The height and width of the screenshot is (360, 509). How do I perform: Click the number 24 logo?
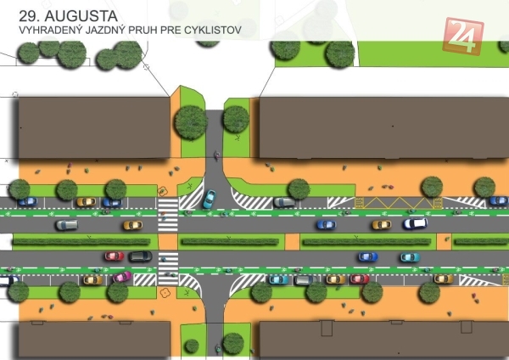pyautogui.click(x=463, y=37)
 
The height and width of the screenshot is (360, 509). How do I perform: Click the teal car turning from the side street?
pyautogui.click(x=209, y=199)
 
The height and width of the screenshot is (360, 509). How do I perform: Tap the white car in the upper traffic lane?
pyautogui.click(x=415, y=224)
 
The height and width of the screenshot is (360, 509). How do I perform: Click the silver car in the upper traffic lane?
pyautogui.click(x=66, y=225)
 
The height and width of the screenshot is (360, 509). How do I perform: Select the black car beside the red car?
pyautogui.click(x=140, y=256)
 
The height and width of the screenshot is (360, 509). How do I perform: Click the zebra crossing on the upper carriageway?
pyautogui.click(x=168, y=215)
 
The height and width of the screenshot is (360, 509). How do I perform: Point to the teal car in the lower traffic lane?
pyautogui.click(x=409, y=256)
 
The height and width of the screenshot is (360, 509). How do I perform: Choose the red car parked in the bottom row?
pyautogui.click(x=360, y=278)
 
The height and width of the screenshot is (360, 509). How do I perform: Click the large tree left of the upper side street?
pyautogui.click(x=190, y=123)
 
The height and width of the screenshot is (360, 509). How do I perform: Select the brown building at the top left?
pyautogui.click(x=93, y=127)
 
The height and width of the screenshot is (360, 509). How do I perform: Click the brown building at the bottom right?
pyautogui.click(x=382, y=339)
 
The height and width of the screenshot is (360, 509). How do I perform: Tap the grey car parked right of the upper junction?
pyautogui.click(x=284, y=202)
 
